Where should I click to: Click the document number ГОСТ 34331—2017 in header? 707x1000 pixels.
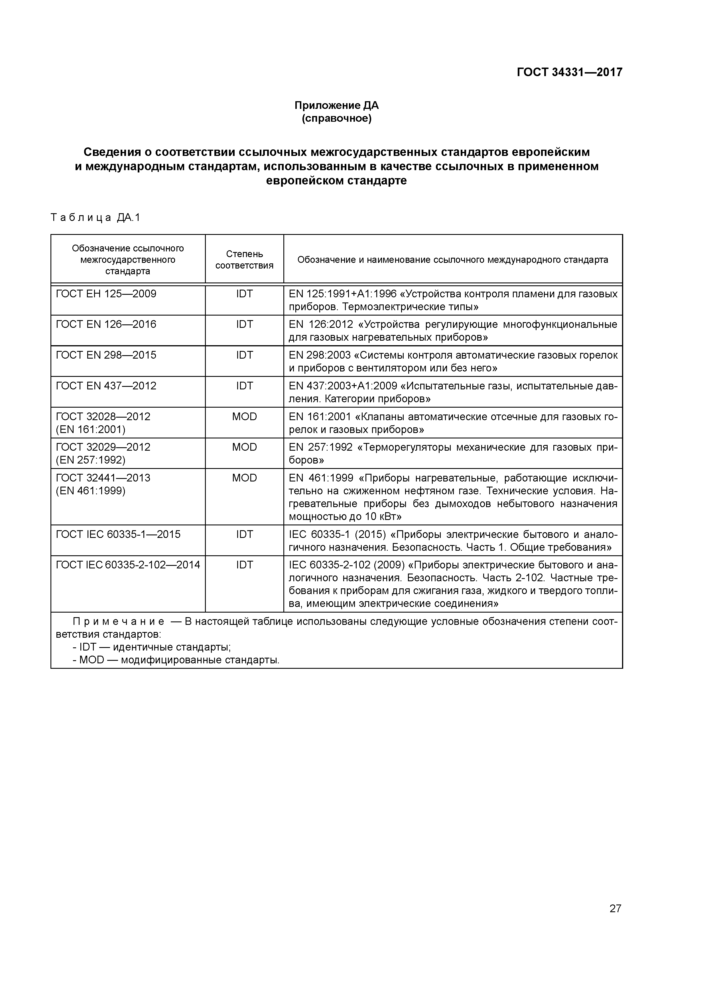pyautogui.click(x=569, y=72)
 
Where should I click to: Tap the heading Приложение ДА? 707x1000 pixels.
pyautogui.click(x=336, y=105)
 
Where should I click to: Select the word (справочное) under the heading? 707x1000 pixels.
pyautogui.click(x=336, y=119)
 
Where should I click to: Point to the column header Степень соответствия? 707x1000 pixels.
pyautogui.click(x=244, y=260)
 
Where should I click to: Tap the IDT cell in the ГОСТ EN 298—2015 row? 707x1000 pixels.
pyautogui.click(x=244, y=355)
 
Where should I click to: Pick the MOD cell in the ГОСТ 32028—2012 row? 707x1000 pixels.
pyautogui.click(x=244, y=417)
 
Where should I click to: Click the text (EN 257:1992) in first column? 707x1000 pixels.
pyautogui.click(x=91, y=460)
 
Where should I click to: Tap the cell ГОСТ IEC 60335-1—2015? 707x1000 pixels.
pyautogui.click(x=118, y=534)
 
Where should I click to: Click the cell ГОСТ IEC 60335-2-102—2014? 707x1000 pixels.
pyautogui.click(x=128, y=565)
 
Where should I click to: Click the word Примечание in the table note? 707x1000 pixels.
pyautogui.click(x=119, y=621)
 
